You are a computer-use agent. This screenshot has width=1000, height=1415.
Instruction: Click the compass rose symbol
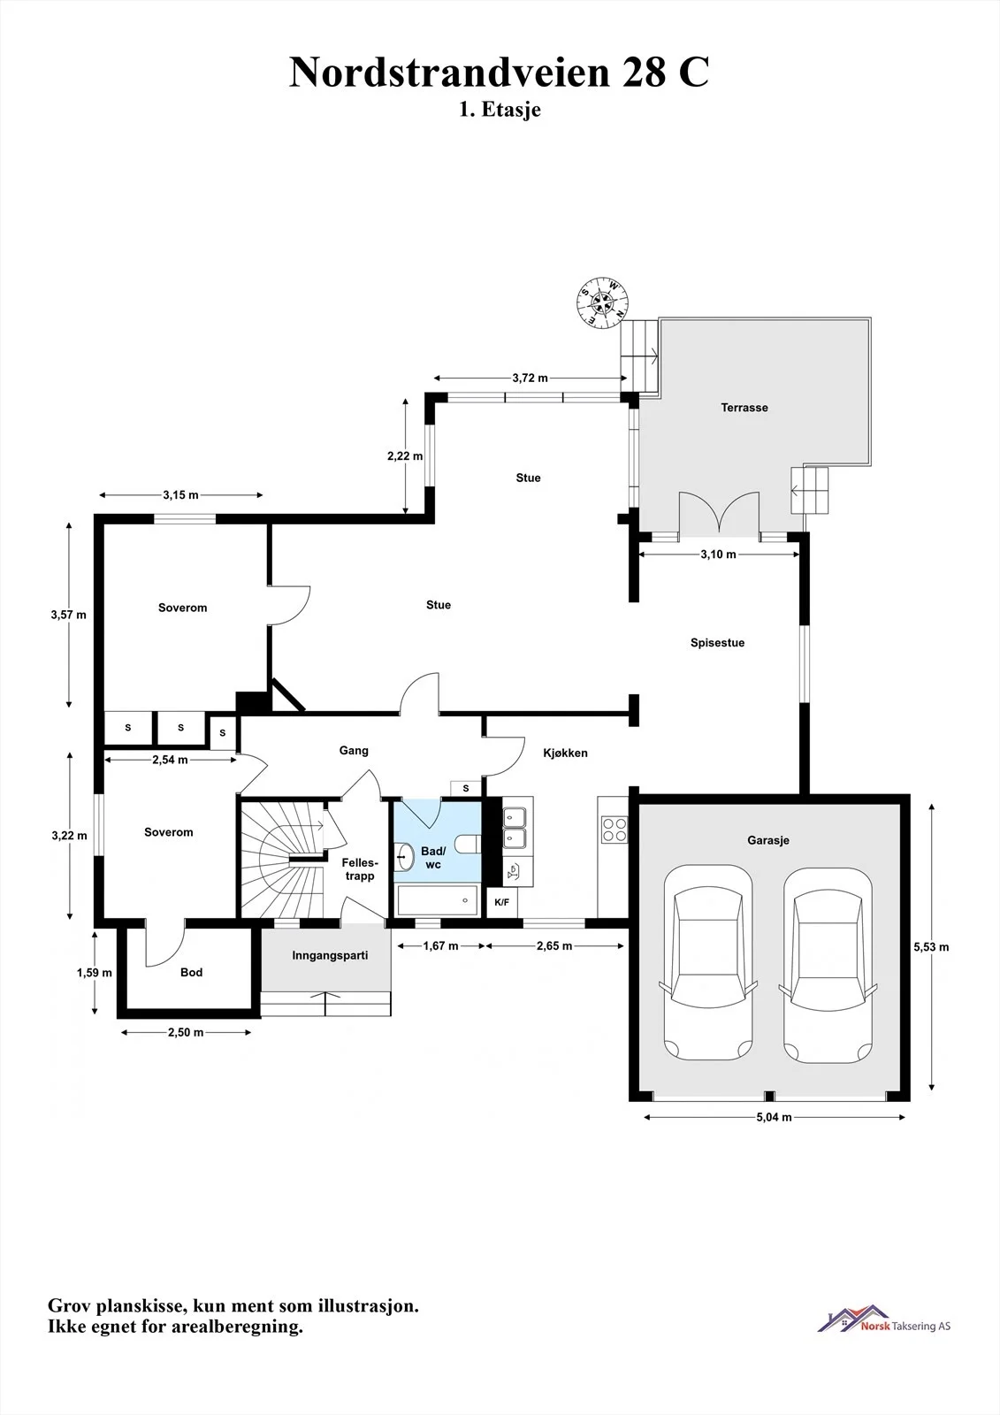click(x=603, y=302)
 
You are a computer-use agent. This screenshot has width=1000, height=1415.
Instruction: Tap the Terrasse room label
click(x=744, y=408)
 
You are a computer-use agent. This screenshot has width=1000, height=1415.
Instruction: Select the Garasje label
click(x=768, y=840)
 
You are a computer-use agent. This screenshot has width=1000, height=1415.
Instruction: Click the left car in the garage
click(x=707, y=963)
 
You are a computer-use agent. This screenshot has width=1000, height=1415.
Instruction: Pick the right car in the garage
click(x=828, y=965)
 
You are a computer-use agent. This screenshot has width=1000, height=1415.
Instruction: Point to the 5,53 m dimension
click(x=931, y=947)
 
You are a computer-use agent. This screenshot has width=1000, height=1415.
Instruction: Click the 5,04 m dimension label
click(x=774, y=1117)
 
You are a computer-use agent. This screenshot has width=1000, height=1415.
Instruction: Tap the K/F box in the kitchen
click(x=501, y=902)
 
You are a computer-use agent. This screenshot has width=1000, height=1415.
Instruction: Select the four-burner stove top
click(x=614, y=830)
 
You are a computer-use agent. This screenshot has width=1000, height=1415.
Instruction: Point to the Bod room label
click(x=191, y=972)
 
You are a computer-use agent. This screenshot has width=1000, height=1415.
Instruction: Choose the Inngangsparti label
click(x=330, y=955)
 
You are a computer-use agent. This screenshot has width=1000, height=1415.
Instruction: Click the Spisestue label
click(x=717, y=642)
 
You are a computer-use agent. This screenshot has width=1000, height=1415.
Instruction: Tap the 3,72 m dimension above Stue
click(x=530, y=378)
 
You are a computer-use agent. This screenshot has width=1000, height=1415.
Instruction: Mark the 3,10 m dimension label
click(x=718, y=554)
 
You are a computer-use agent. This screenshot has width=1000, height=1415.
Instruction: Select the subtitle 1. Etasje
click(x=500, y=110)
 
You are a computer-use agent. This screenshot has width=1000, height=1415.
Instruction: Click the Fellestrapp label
click(x=360, y=869)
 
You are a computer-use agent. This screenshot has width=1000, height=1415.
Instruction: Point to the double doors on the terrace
click(x=719, y=515)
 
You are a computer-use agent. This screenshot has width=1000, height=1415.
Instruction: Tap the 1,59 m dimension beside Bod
click(x=94, y=973)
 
